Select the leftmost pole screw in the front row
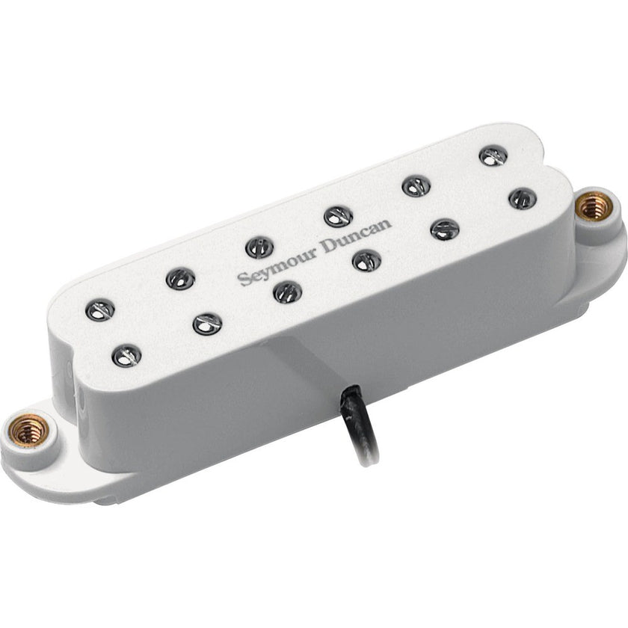[x=127, y=354]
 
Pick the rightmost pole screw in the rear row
[x=493, y=156]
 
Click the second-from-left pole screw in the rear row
[x=179, y=278]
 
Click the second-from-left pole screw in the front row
[x=207, y=323]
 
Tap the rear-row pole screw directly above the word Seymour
[x=259, y=247]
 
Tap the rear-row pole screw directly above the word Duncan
[x=338, y=216]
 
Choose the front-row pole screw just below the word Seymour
[x=287, y=292]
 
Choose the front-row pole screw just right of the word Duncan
[x=366, y=260]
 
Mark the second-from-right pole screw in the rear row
[x=416, y=185]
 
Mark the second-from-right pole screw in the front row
[x=444, y=229]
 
